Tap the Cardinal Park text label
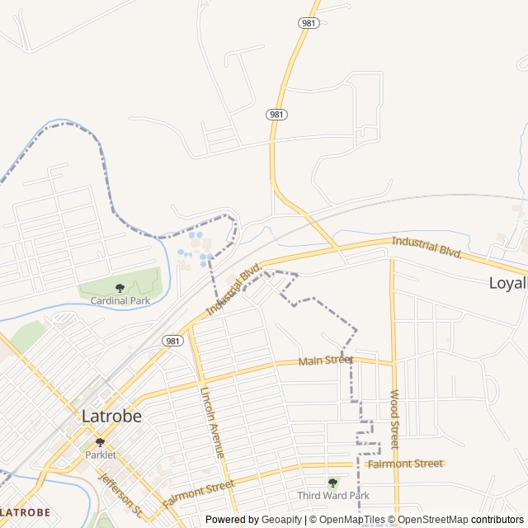[x=120, y=301]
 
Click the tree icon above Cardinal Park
[x=120, y=288]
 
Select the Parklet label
[x=101, y=455]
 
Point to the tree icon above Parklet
[x=101, y=442]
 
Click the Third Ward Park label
[x=333, y=495]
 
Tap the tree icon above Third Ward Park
[x=332, y=483]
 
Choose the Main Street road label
[x=325, y=361]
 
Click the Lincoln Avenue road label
[x=211, y=423]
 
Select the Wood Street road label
[x=394, y=419]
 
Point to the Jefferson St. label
[x=120, y=490]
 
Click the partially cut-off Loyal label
[x=507, y=283]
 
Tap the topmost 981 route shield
[x=308, y=23]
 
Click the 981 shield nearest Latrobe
[x=172, y=341]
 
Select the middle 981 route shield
[x=276, y=114]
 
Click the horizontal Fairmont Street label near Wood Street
[x=404, y=464]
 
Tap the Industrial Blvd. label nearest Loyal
[x=426, y=246]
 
